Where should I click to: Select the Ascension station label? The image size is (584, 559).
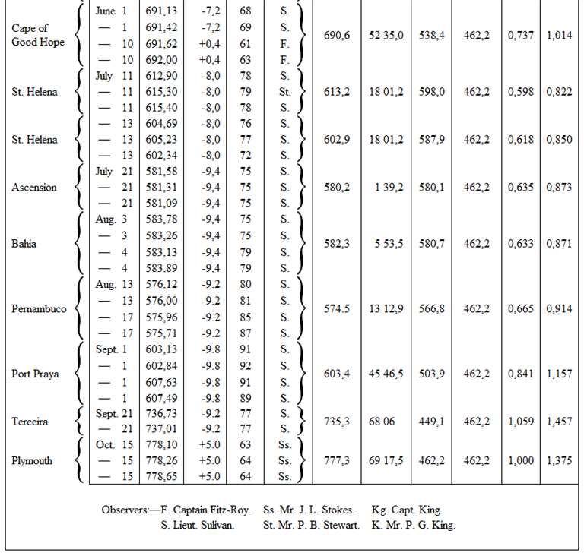pyautogui.click(x=34, y=188)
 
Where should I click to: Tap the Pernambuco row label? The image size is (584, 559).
pyautogui.click(x=40, y=310)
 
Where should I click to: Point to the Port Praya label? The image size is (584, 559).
pyautogui.click(x=36, y=374)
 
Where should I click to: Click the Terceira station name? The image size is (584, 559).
pyautogui.click(x=31, y=421)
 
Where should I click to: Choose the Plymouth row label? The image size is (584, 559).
pyautogui.click(x=33, y=460)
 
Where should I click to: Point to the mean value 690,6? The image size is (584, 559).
pyautogui.click(x=337, y=36)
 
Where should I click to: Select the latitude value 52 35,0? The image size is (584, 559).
pyautogui.click(x=386, y=36)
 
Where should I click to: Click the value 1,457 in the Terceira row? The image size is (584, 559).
pyautogui.click(x=559, y=421)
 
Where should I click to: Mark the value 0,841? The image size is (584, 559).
pyautogui.click(x=519, y=374)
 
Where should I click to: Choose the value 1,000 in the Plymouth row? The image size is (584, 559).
pyautogui.click(x=519, y=460)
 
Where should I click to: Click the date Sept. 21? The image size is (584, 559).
pyautogui.click(x=112, y=413)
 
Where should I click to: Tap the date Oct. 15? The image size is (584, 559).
pyautogui.click(x=112, y=445)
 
